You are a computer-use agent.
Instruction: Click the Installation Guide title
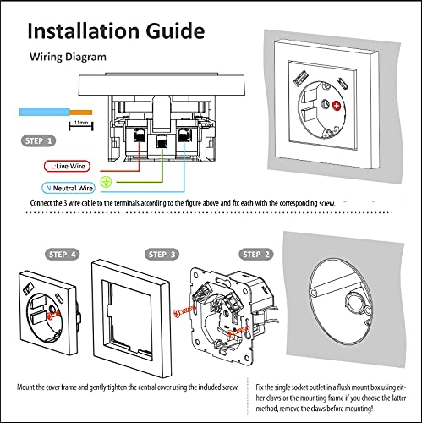click(x=116, y=30)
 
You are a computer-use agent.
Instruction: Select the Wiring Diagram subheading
click(x=68, y=57)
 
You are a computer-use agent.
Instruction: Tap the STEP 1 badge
click(x=38, y=140)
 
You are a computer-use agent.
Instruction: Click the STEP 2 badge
click(x=256, y=255)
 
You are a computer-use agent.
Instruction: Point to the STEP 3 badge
click(x=162, y=255)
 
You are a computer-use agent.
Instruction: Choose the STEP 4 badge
click(x=63, y=255)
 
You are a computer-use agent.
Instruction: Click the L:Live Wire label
click(x=67, y=166)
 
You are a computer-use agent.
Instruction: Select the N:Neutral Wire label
click(x=69, y=188)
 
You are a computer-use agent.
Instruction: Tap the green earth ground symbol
click(x=106, y=182)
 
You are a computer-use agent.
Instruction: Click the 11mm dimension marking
click(x=81, y=125)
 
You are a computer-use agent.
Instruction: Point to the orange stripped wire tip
click(x=81, y=113)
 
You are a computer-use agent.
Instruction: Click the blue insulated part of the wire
click(x=45, y=112)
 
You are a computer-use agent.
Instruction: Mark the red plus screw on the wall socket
click(x=337, y=106)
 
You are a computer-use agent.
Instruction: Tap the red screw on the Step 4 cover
click(x=52, y=316)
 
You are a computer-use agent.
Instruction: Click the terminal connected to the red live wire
click(x=140, y=135)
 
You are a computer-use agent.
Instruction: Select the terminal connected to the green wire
click(x=162, y=141)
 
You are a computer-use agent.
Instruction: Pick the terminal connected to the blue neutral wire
click(x=184, y=135)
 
